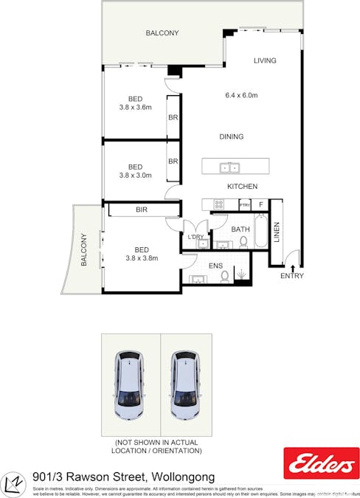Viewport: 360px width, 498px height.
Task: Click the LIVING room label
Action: click(265, 60)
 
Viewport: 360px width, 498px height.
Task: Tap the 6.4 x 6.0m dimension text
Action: click(241, 95)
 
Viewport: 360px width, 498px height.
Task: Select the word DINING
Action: click(231, 136)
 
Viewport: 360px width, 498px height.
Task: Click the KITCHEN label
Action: click(241, 187)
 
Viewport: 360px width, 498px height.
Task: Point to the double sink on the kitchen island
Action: click(229, 167)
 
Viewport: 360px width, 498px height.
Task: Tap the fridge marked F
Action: click(260, 204)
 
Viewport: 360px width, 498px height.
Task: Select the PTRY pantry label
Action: click(244, 204)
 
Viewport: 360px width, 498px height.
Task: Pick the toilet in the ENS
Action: click(225, 276)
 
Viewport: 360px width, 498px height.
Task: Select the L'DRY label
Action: click(195, 237)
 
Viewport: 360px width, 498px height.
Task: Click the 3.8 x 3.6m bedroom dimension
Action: click(135, 107)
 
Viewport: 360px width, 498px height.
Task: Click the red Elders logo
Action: click(322, 463)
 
